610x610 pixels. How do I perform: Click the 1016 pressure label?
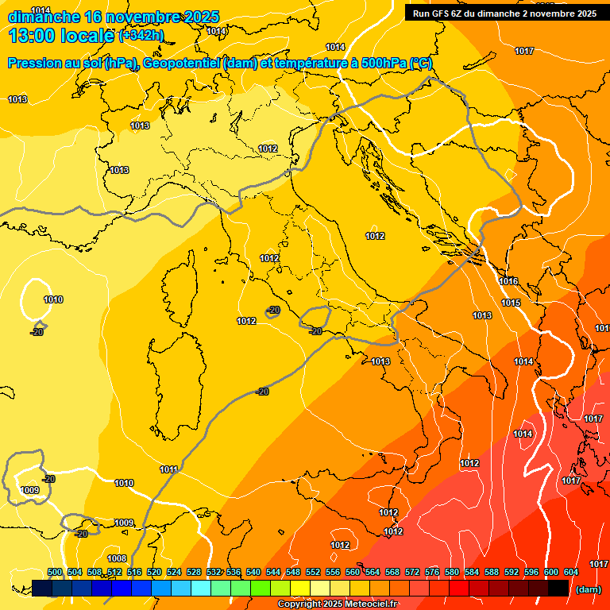(508, 282)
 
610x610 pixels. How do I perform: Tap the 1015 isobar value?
(511, 303)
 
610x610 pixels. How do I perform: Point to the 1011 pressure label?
(168, 469)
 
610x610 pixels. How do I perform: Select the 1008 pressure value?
(117, 558)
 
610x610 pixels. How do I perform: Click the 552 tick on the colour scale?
(313, 572)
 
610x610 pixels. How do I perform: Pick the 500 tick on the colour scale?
(55, 572)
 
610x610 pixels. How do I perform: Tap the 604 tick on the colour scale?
(571, 572)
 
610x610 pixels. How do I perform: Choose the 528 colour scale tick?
(194, 572)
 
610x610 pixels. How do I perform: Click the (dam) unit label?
(588, 589)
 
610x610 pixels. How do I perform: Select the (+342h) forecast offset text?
(141, 35)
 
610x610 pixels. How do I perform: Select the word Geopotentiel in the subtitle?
(181, 64)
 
